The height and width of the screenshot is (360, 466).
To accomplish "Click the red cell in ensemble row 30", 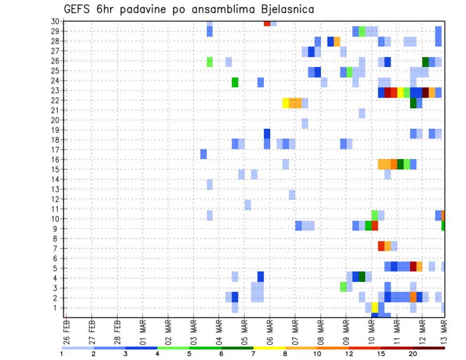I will point(267,23).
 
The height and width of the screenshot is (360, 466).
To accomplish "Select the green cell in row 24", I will point(235,82).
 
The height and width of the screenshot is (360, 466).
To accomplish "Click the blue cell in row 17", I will point(203,154).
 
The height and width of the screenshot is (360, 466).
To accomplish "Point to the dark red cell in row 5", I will point(413,266).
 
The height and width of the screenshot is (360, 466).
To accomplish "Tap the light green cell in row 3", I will point(343,287).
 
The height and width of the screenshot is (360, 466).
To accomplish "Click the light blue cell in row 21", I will point(362,113).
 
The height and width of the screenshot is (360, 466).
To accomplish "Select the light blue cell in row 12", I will point(292,195).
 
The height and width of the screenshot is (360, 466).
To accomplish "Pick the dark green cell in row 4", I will point(362,276).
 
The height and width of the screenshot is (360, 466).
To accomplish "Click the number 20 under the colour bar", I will point(413,354).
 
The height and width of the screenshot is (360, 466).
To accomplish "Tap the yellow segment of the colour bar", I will point(269,347).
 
